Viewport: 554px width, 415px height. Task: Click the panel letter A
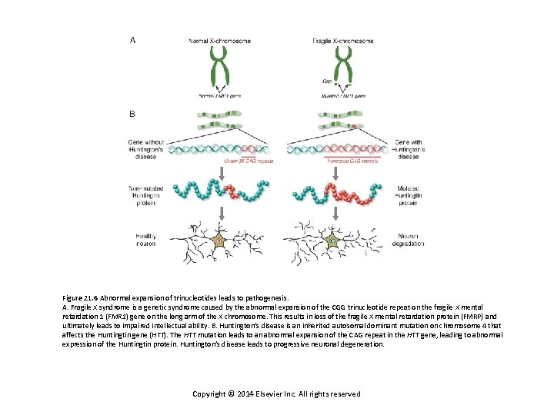pyautogui.click(x=134, y=40)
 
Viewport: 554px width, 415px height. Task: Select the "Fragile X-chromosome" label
pyautogui.click(x=343, y=40)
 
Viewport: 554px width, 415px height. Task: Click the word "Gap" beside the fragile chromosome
pyautogui.click(x=325, y=79)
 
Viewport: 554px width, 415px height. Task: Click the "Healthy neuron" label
pyautogui.click(x=146, y=239)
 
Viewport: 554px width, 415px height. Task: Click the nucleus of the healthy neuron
pyautogui.click(x=219, y=241)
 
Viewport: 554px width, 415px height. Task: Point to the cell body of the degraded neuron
pyautogui.click(x=332, y=240)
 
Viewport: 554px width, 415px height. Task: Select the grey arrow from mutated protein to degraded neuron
pyautogui.click(x=332, y=212)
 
